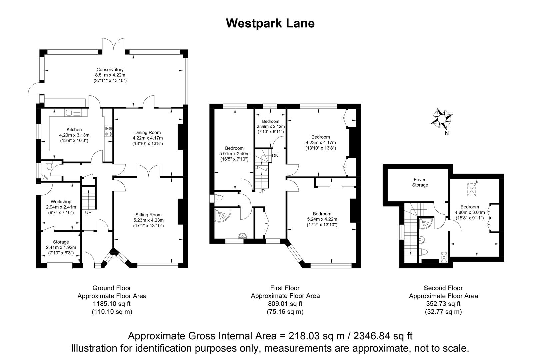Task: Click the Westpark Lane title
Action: [x=270, y=23]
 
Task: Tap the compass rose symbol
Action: [x=442, y=119]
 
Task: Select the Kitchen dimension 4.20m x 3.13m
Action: [x=74, y=135]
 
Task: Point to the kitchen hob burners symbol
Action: [x=108, y=131]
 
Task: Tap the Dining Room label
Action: [x=148, y=132]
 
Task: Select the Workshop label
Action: [x=61, y=202]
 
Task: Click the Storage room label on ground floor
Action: [x=61, y=242]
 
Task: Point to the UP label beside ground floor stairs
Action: [x=88, y=212]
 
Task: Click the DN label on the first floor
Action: [x=275, y=156]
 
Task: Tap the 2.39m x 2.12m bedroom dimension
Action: [x=270, y=127]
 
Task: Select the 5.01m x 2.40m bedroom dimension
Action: [x=234, y=154]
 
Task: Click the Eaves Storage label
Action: [x=420, y=182]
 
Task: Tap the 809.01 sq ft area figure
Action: [x=285, y=304]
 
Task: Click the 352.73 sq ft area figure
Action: [x=443, y=304]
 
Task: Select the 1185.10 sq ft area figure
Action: [x=112, y=304]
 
